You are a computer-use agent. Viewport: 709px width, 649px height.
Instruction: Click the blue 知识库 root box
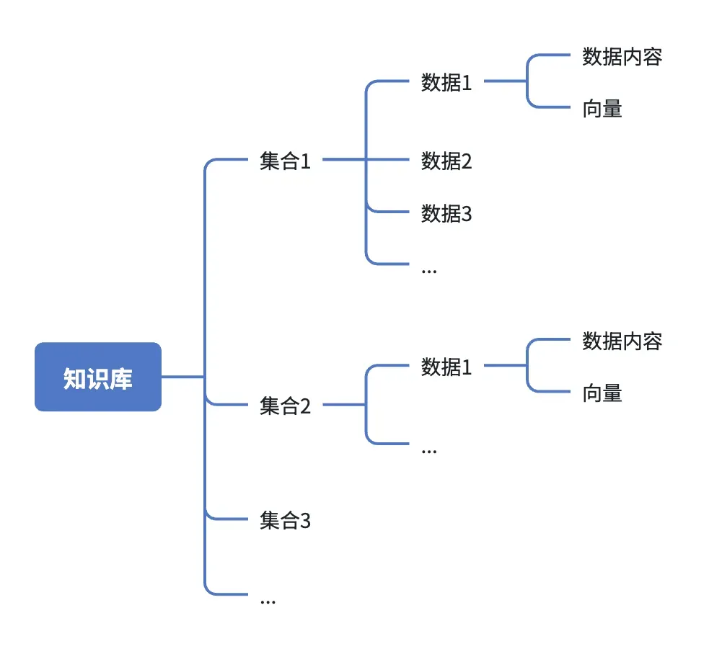coord(97,377)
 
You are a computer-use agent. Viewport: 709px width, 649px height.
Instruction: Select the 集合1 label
coord(285,161)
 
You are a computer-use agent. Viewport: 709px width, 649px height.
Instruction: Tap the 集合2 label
coord(285,406)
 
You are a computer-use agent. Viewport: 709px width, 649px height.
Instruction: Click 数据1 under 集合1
coord(446,82)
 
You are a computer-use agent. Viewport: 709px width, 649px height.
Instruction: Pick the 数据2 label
coord(446,161)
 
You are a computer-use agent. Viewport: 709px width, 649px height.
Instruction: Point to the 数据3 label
coord(446,213)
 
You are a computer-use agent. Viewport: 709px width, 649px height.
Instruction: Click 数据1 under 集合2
coord(446,367)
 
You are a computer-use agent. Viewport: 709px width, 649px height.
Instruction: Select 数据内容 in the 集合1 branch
coord(622,57)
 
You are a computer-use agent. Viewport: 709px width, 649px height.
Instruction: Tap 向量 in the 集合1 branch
coord(602,109)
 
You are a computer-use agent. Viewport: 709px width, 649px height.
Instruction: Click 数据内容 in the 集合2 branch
coord(622,341)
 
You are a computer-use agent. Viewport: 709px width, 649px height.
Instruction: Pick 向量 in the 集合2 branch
coord(602,393)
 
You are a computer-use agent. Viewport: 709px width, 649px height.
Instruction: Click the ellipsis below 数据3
coord(428,270)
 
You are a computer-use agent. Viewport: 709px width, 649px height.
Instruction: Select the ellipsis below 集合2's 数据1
coord(428,451)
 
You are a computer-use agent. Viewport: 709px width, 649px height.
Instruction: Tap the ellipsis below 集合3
coord(268,601)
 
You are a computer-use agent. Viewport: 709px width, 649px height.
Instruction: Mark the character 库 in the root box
coord(121,377)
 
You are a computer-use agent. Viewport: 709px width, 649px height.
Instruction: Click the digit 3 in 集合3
coord(305,520)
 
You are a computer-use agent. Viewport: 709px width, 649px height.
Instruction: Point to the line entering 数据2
coord(389,161)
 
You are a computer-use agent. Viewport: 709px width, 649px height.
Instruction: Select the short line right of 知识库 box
coord(182,377)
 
